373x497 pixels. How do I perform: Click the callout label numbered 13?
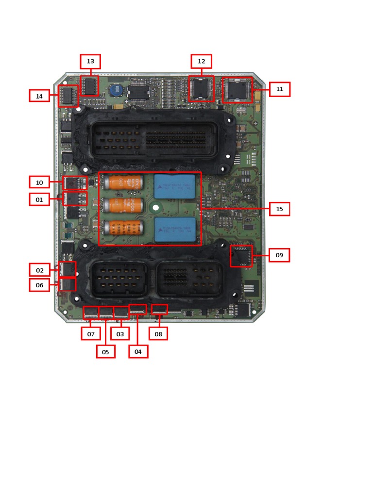click(90, 62)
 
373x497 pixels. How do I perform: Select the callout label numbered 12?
click(201, 62)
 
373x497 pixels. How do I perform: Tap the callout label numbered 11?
click(280, 89)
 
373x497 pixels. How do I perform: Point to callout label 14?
click(39, 96)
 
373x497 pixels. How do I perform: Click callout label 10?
click(39, 182)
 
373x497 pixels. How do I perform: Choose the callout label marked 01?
click(39, 199)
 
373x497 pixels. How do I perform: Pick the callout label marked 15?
click(279, 209)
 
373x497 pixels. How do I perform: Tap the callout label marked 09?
click(279, 255)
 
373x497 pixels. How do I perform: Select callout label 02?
click(40, 270)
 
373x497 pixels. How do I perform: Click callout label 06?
click(39, 285)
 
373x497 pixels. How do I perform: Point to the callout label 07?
click(91, 334)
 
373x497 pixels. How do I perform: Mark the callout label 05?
click(105, 352)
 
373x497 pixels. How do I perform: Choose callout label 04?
click(138, 351)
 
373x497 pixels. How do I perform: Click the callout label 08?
click(158, 334)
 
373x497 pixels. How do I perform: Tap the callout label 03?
click(120, 334)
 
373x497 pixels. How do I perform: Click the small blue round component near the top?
click(115, 90)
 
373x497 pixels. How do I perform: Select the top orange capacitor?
click(123, 182)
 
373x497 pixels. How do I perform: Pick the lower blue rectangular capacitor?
click(175, 230)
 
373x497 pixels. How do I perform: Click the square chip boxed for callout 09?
click(241, 256)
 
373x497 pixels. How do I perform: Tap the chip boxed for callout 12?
click(201, 89)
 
